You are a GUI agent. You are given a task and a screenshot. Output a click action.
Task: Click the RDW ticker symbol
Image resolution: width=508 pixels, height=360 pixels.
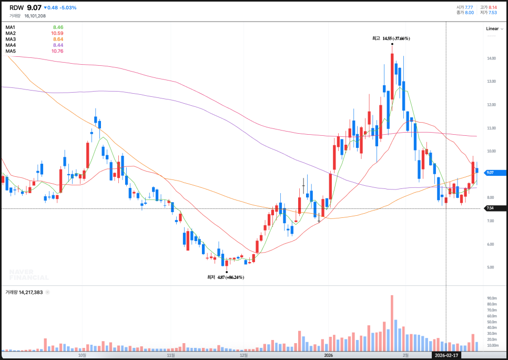[x=16, y=8]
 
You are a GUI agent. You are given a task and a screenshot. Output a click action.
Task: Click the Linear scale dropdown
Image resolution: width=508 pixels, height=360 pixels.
[x=494, y=29]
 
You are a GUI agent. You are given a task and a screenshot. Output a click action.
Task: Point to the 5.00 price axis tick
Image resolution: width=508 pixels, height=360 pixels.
[x=491, y=267]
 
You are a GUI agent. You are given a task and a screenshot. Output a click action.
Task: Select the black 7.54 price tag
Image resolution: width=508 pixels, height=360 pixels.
[x=491, y=208]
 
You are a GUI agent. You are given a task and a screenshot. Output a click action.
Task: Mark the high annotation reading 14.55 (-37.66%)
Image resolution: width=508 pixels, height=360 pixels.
[x=391, y=38]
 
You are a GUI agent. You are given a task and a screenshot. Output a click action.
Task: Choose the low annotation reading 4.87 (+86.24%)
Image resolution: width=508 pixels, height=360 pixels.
[x=226, y=277]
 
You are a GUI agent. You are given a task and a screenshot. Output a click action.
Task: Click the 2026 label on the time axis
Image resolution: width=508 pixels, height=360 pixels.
[x=329, y=355]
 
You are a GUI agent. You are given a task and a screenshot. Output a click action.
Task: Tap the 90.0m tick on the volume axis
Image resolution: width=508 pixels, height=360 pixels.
[x=492, y=298]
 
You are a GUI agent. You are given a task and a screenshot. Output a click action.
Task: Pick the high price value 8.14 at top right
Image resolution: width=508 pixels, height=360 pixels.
[x=492, y=7]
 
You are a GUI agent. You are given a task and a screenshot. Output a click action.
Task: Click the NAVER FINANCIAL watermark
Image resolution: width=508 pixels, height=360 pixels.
[x=29, y=275]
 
